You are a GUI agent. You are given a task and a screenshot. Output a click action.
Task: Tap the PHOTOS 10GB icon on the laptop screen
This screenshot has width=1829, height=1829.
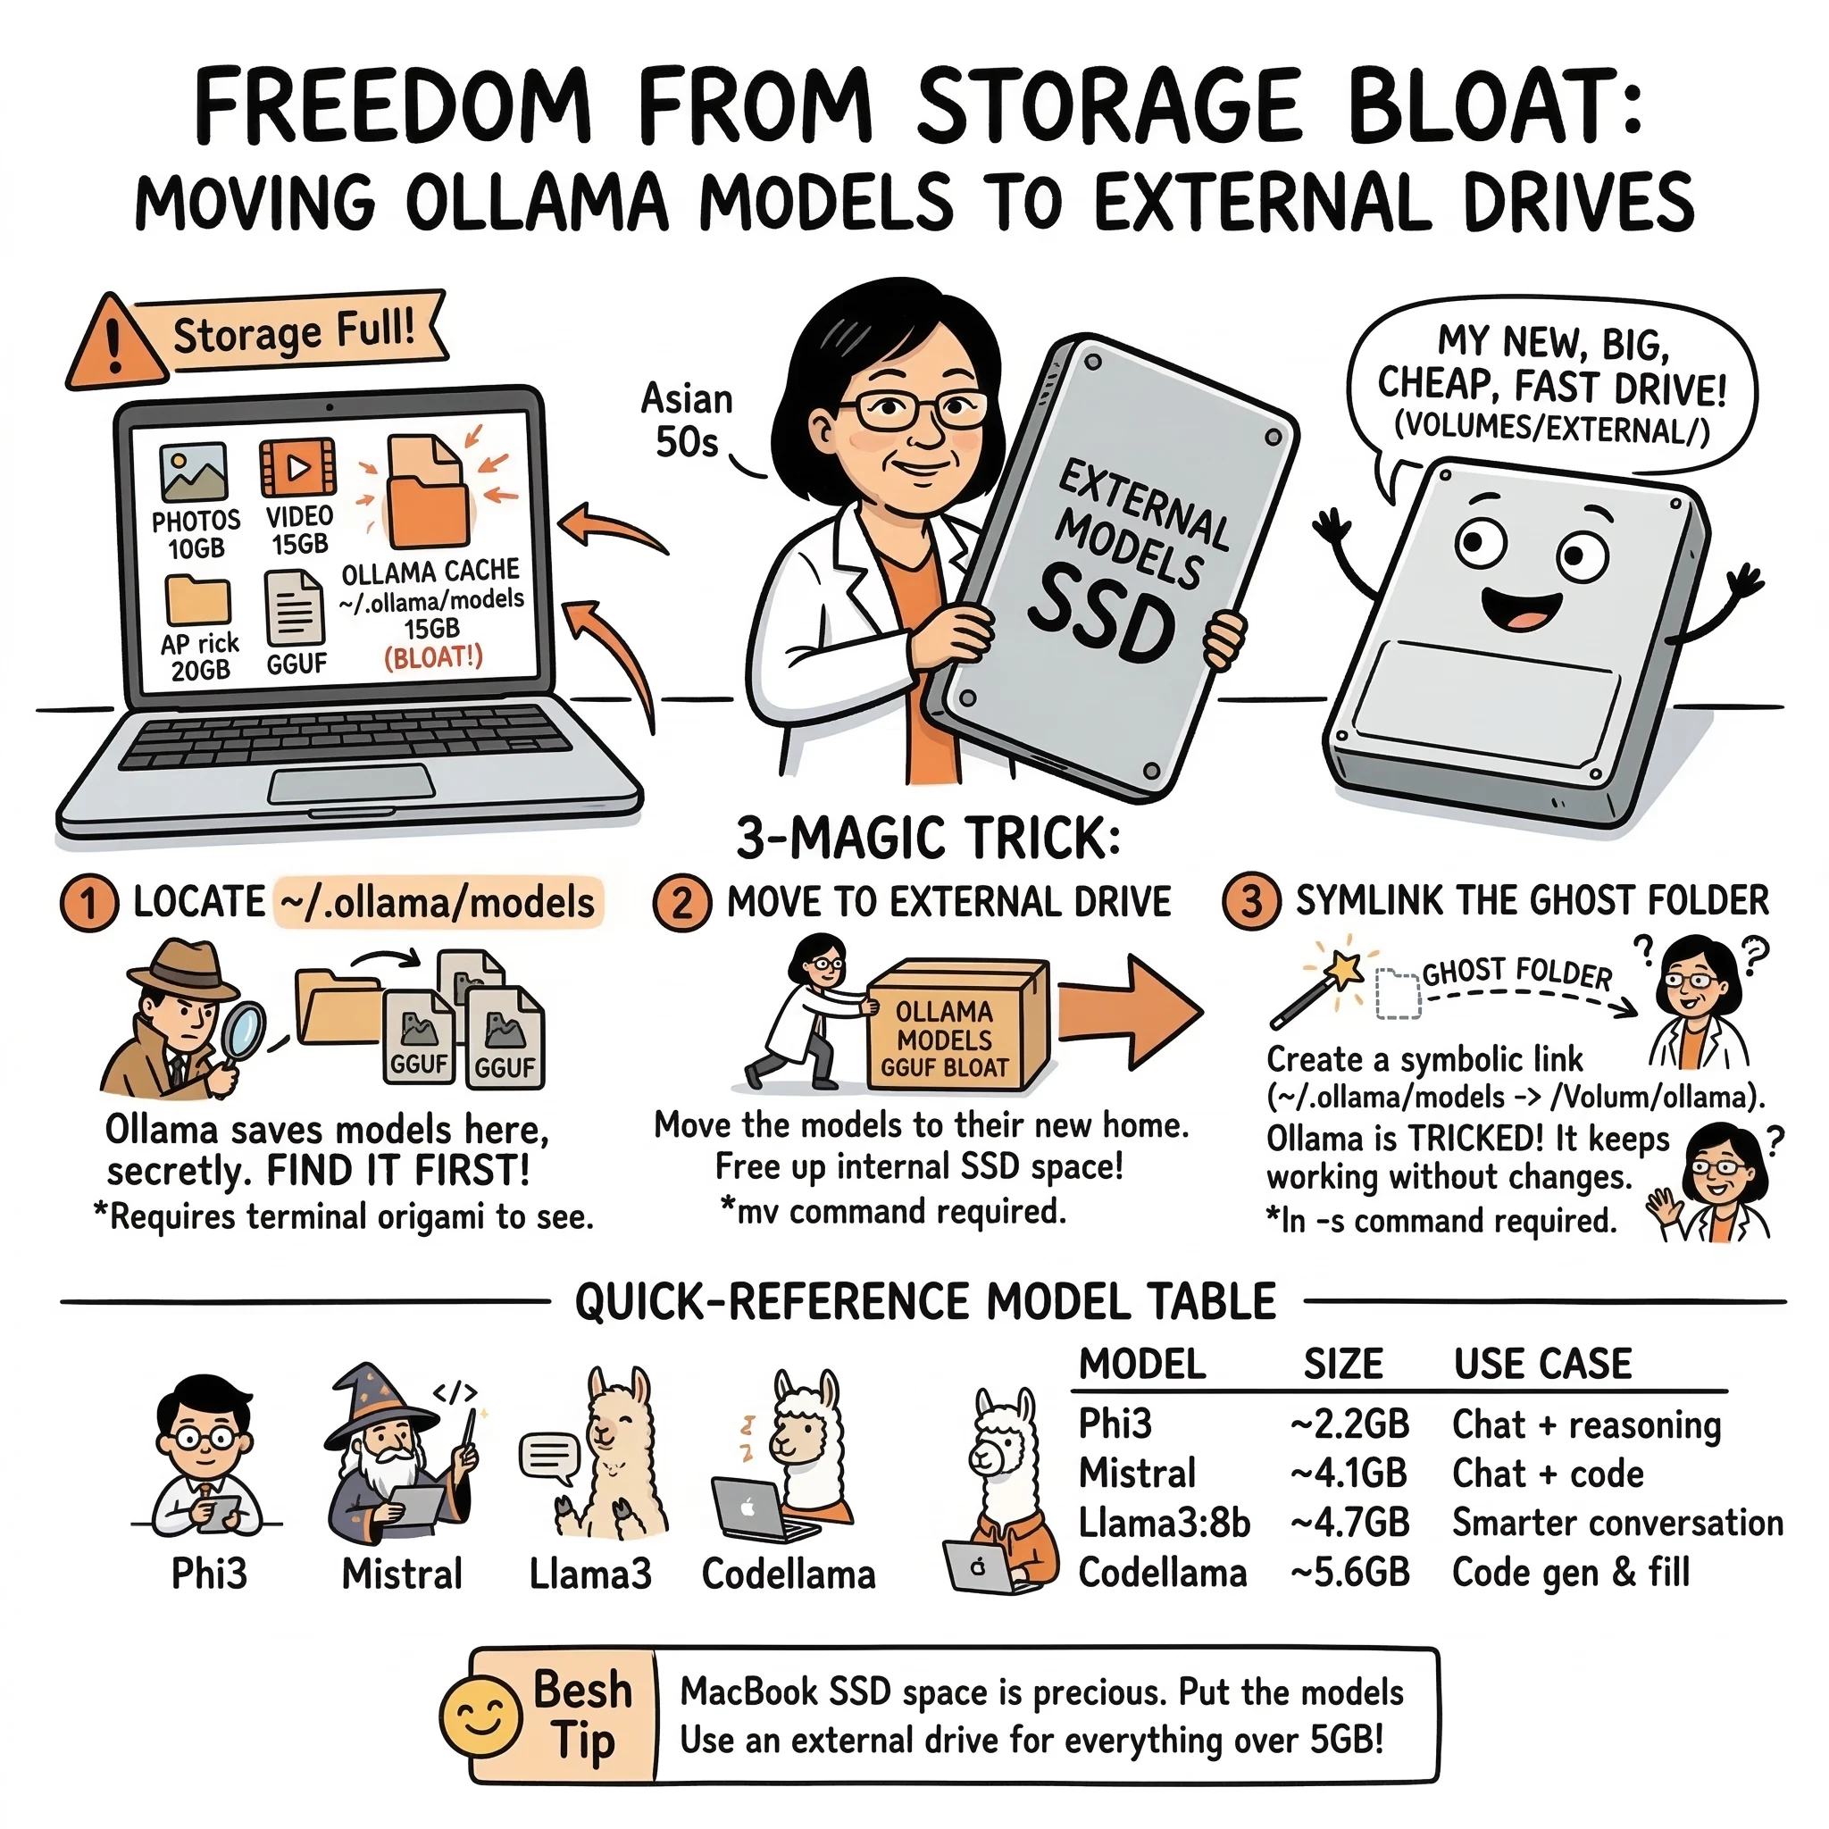click(x=194, y=472)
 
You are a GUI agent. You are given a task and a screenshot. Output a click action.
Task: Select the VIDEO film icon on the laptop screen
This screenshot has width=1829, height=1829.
click(x=298, y=467)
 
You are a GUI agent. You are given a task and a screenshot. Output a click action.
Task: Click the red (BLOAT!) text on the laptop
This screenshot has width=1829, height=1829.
click(x=433, y=657)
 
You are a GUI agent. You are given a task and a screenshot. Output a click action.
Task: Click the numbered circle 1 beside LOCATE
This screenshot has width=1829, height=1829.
click(x=89, y=903)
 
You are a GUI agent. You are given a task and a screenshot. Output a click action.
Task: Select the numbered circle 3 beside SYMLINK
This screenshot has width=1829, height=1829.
click(x=1250, y=901)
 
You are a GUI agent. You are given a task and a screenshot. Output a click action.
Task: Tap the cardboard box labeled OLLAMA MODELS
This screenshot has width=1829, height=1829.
click(x=956, y=1025)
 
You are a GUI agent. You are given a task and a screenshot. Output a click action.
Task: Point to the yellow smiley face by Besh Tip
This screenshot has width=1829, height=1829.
click(x=481, y=1716)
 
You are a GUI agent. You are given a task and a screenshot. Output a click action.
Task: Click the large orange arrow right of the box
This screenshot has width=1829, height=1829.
click(x=1132, y=1012)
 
